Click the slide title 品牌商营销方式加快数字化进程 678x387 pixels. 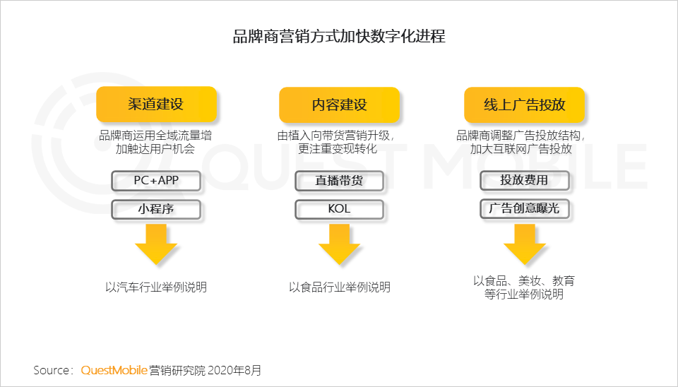click(x=339, y=36)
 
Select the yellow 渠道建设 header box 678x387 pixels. click(x=156, y=104)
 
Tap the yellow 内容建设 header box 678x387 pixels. click(x=339, y=105)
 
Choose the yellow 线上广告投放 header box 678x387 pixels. click(x=524, y=105)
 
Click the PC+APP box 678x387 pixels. click(x=156, y=181)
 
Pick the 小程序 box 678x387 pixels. click(x=156, y=209)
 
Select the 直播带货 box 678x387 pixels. click(x=339, y=181)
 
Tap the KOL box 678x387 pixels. click(x=339, y=209)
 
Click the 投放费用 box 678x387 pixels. click(x=524, y=180)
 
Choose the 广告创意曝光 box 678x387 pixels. click(x=524, y=209)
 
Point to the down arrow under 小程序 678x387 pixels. click(x=156, y=244)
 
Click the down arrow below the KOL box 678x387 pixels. click(x=339, y=244)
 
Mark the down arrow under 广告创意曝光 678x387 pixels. click(x=524, y=244)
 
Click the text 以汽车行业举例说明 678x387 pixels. click(x=156, y=287)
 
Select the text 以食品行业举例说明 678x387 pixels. click(x=340, y=287)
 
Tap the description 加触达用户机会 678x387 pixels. click(x=155, y=149)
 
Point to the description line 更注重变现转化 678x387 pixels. click(x=338, y=149)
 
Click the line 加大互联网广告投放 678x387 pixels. click(x=521, y=149)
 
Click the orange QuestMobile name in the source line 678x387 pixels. click(x=114, y=371)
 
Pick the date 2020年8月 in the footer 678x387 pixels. click(x=234, y=371)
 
